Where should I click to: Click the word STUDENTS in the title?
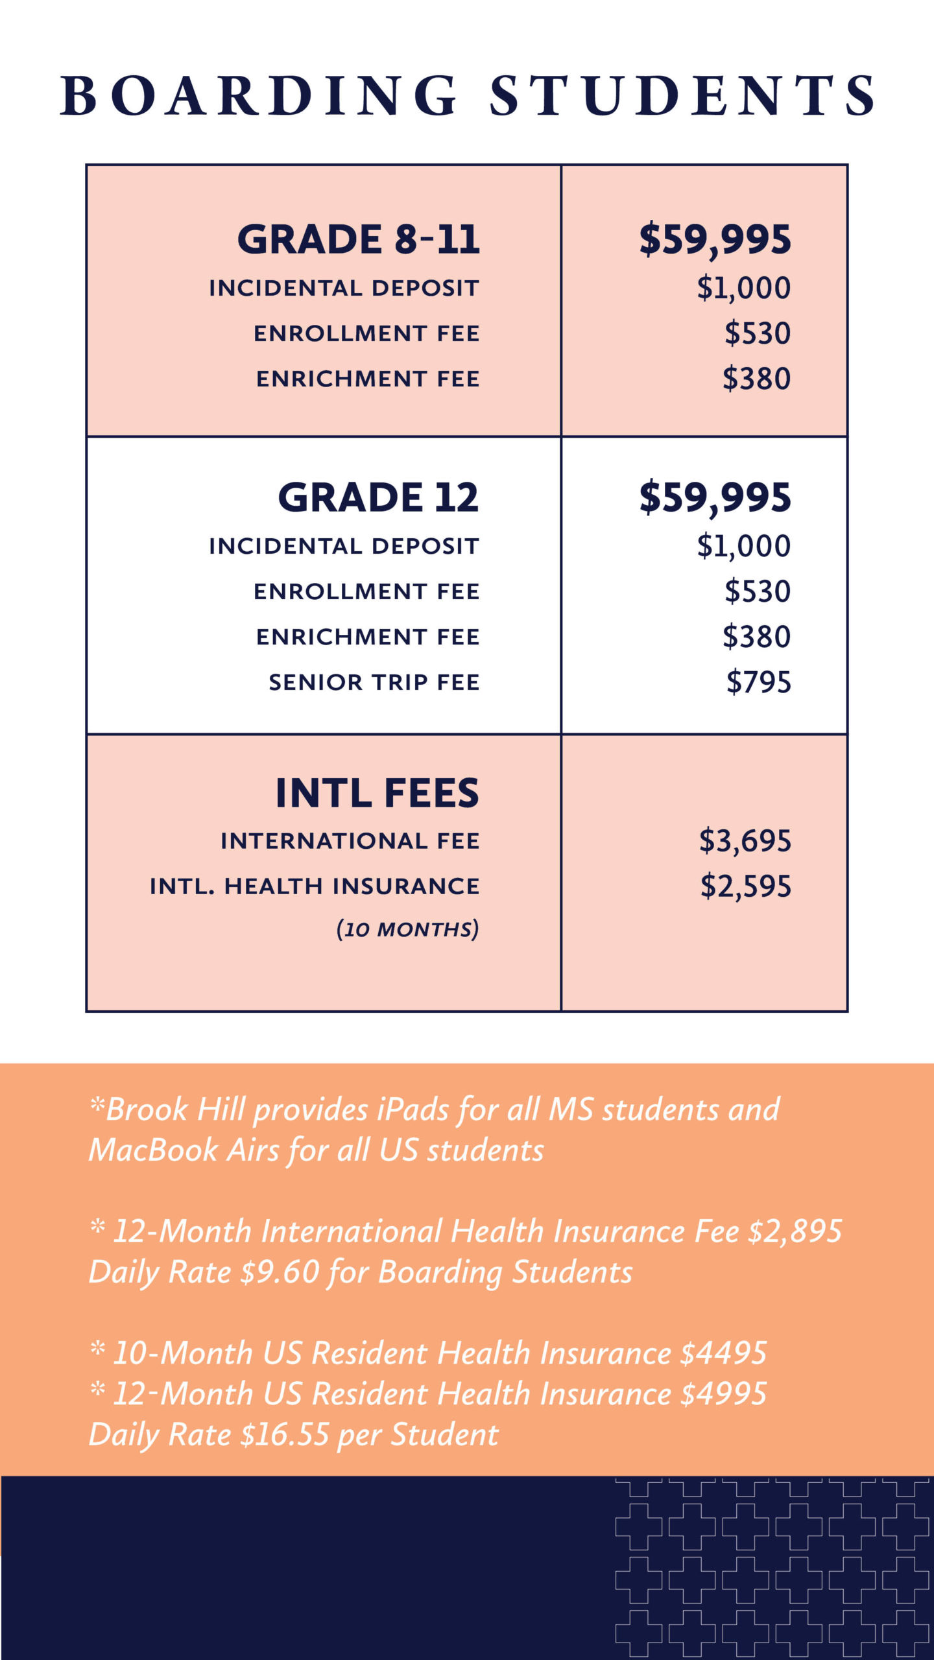[x=682, y=96]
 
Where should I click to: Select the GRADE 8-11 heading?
[x=359, y=239]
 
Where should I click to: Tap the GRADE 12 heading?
[x=378, y=497]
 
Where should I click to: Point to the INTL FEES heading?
[x=377, y=793]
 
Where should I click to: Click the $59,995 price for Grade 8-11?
[x=715, y=239]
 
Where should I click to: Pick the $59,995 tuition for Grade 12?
[x=715, y=497]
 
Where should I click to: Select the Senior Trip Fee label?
[x=374, y=682]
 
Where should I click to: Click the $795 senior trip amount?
[x=758, y=682]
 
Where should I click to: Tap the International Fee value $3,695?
[x=745, y=841]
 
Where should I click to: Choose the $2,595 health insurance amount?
[x=745, y=886]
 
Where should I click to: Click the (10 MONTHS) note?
[x=407, y=929]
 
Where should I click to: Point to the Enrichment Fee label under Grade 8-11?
[x=368, y=379]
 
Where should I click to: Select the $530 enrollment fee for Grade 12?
[x=758, y=591]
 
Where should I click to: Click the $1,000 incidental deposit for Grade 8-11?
[x=743, y=288]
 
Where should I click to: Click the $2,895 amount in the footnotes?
[x=795, y=1231]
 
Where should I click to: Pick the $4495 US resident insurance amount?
[x=723, y=1354]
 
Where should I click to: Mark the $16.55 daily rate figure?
[x=285, y=1435]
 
